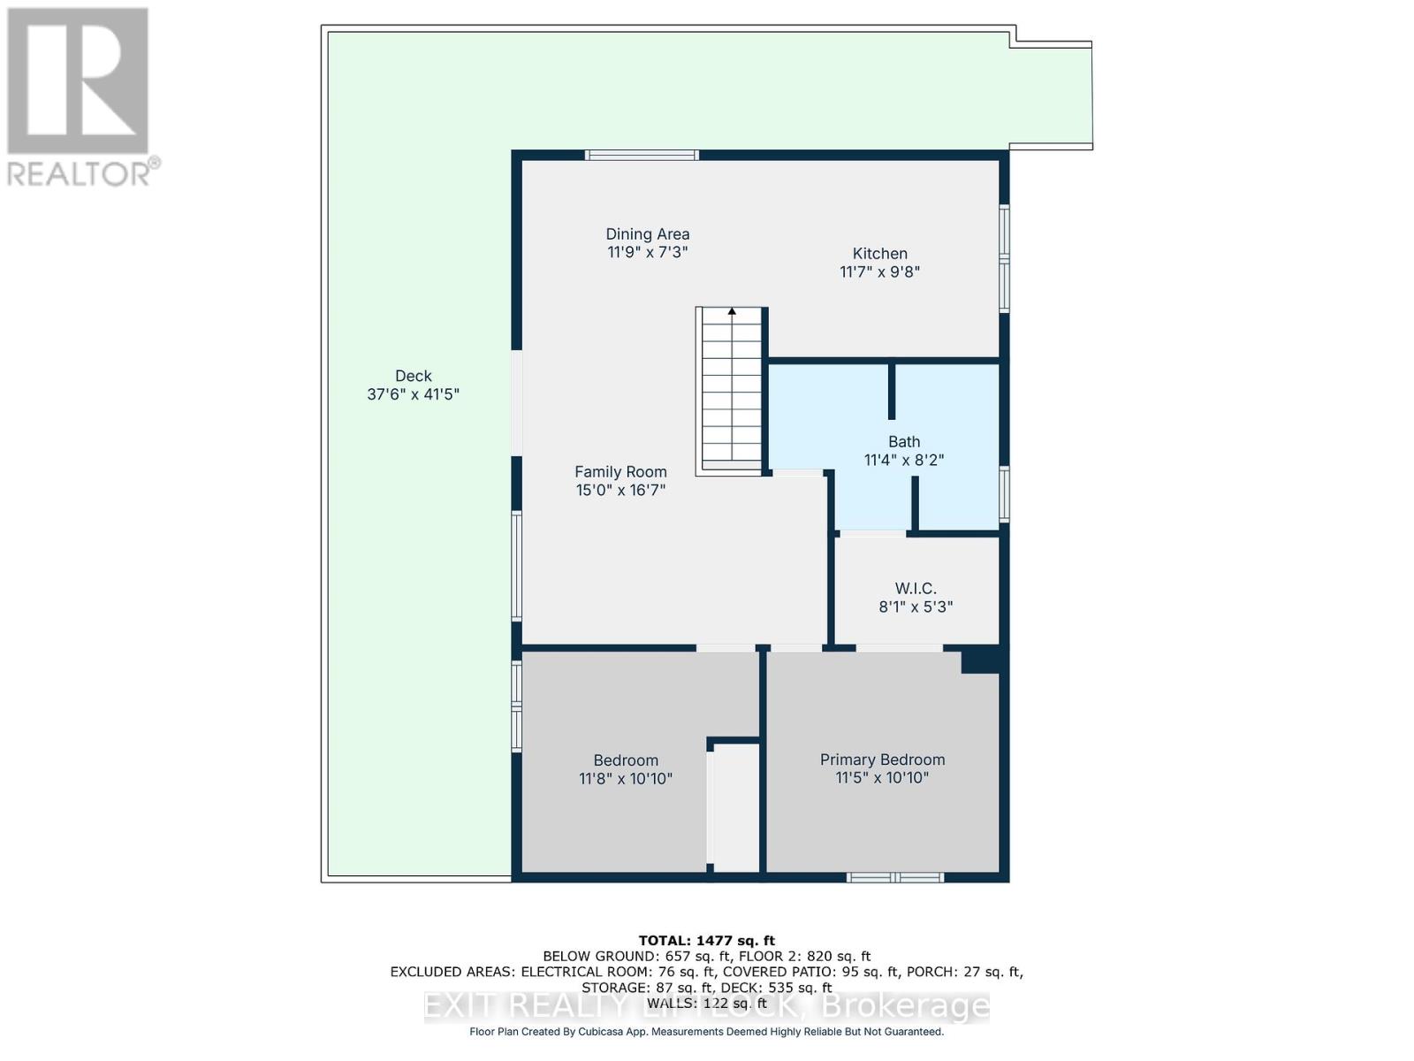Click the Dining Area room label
(x=647, y=234)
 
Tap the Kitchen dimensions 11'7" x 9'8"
(x=879, y=272)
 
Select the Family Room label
(x=620, y=472)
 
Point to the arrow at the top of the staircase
(x=732, y=311)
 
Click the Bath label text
(x=904, y=441)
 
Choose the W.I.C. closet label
(x=916, y=588)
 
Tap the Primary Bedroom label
(x=882, y=759)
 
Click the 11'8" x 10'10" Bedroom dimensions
(x=626, y=779)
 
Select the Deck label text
(x=413, y=376)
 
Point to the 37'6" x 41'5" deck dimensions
(x=413, y=394)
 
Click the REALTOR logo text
(x=83, y=173)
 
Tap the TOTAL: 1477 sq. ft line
(x=706, y=941)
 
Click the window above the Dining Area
(x=642, y=156)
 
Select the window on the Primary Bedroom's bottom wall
(x=895, y=877)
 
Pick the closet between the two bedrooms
(x=736, y=807)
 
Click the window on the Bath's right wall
(x=1004, y=493)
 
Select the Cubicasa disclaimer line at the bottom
(x=706, y=1032)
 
